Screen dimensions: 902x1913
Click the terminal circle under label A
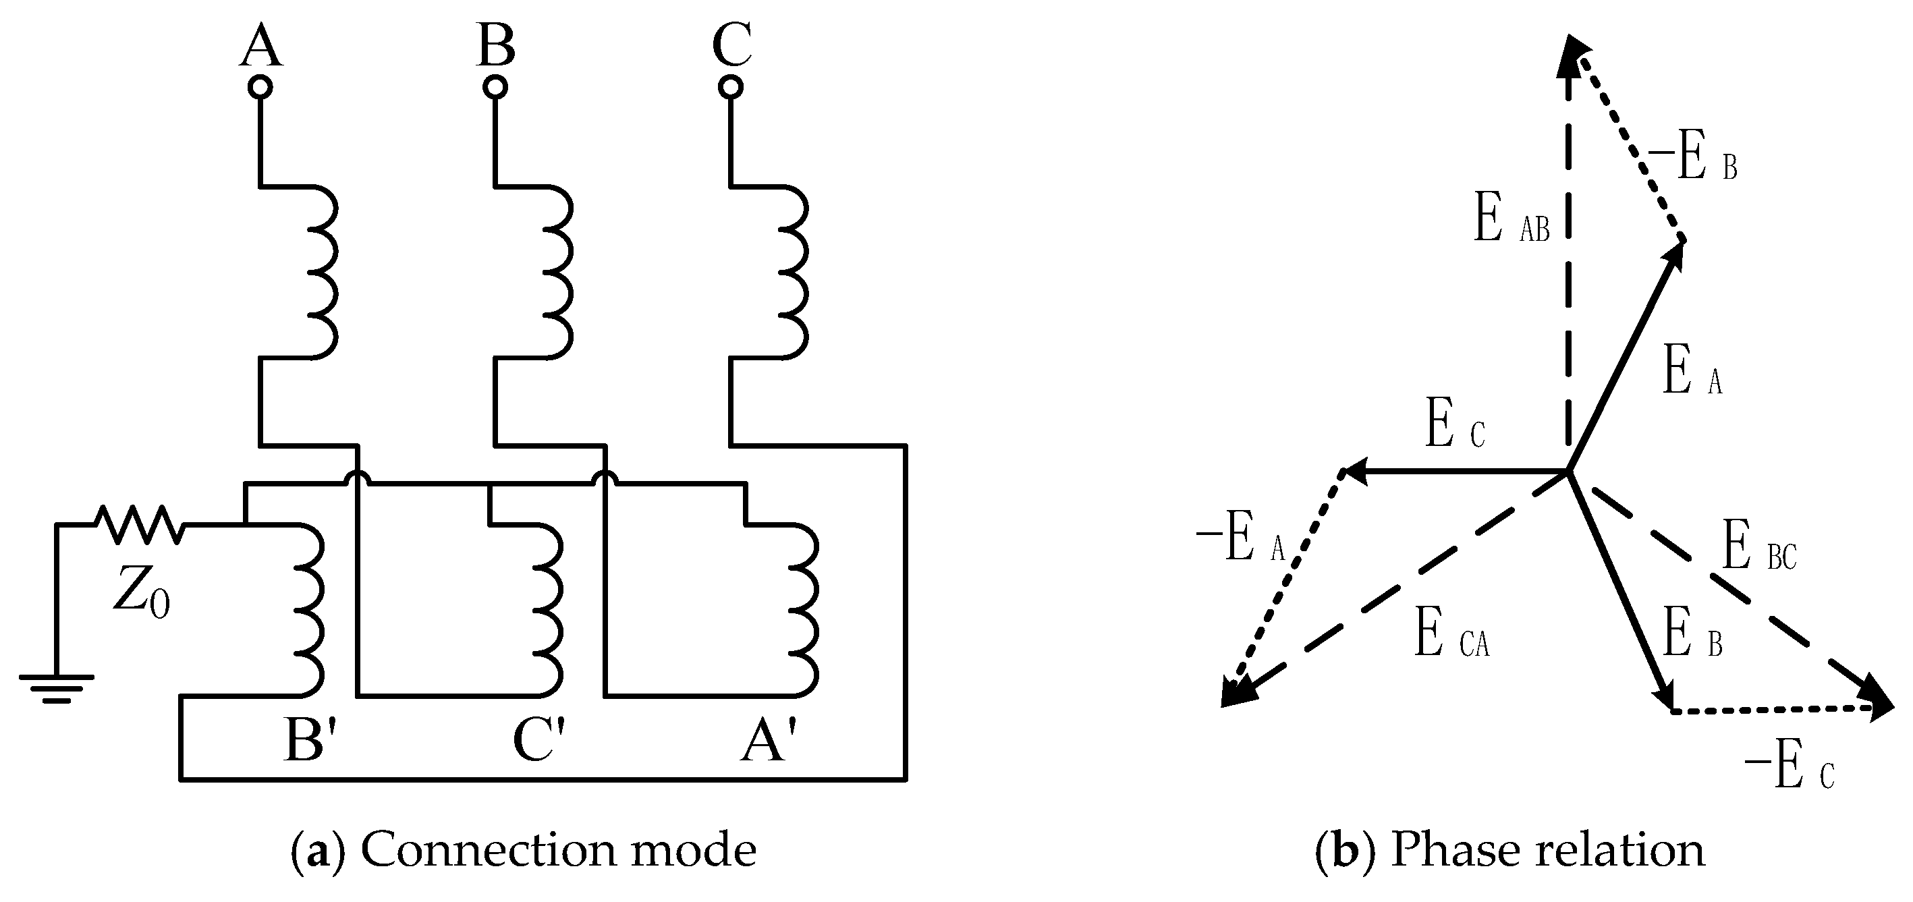[x=259, y=88]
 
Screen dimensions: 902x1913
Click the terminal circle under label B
[x=495, y=88]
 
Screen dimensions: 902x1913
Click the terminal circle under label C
[x=731, y=88]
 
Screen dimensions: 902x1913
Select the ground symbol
[x=57, y=687]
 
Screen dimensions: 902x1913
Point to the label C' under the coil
[x=539, y=741]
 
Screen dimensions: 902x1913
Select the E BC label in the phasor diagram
[x=1758, y=547]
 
